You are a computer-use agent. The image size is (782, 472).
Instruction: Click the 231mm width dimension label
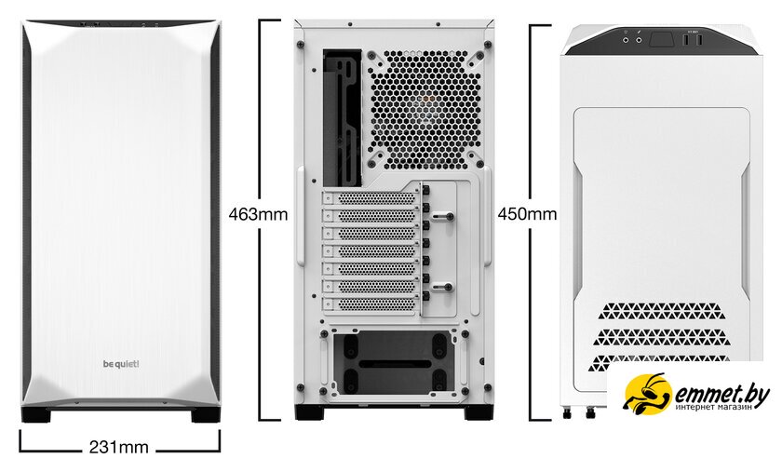(119, 447)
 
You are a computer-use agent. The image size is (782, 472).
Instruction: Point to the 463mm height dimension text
(258, 214)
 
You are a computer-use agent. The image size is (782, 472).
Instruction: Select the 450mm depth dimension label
(527, 214)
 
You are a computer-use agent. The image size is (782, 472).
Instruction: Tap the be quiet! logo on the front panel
(121, 364)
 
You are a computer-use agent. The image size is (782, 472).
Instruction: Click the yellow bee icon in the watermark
(647, 394)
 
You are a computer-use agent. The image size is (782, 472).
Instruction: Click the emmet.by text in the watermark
(722, 392)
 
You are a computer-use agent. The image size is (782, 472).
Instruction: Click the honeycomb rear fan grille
(425, 109)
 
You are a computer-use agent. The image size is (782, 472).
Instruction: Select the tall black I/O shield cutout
(343, 118)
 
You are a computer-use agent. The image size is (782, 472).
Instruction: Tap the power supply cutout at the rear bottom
(395, 363)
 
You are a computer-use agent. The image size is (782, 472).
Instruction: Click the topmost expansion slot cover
(371, 198)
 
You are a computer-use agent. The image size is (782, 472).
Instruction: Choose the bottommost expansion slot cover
(371, 303)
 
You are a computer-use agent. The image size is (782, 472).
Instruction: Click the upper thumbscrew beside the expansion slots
(443, 217)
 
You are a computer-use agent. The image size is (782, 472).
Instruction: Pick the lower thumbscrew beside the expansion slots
(443, 287)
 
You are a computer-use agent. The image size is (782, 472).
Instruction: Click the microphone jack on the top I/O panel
(639, 40)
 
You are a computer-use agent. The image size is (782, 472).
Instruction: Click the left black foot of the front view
(36, 414)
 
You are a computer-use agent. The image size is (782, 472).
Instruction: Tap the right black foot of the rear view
(479, 412)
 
